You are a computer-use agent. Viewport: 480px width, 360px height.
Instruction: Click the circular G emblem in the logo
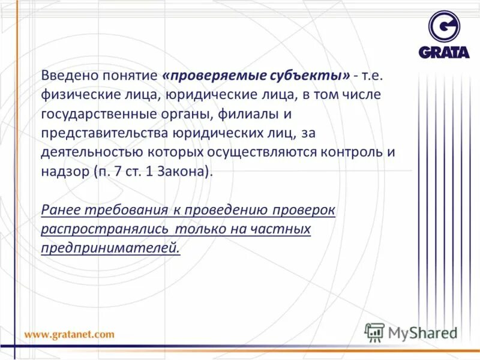click(444, 26)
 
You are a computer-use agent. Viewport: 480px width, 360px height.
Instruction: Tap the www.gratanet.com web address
click(69, 334)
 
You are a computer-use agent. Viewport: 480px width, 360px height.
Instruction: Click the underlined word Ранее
click(61, 209)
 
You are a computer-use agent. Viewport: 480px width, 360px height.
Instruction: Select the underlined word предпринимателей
click(110, 248)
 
